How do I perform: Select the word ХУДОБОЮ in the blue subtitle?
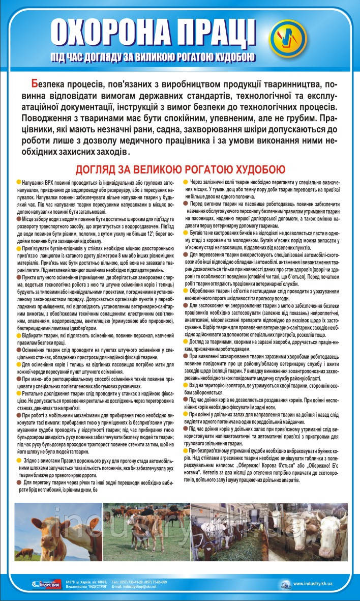point(229,57)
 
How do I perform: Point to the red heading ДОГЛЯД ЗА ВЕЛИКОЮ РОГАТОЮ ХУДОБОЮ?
point(180,169)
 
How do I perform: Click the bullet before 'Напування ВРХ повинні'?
point(18,182)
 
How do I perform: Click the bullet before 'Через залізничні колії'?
point(186,182)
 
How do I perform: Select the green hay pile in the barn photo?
point(214,545)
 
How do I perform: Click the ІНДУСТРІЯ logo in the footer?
point(46,583)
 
